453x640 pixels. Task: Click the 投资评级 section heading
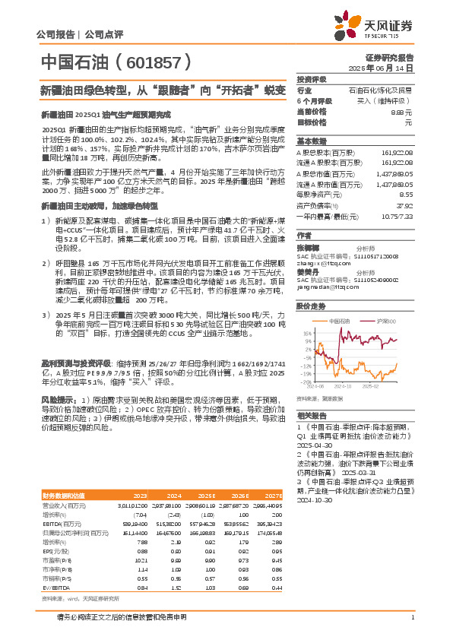[312, 79]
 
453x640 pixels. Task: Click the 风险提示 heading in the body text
[56, 399]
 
